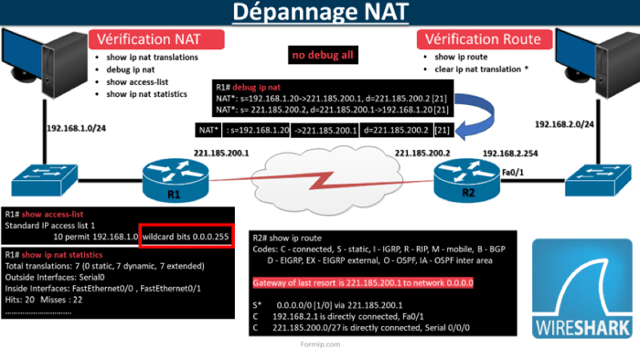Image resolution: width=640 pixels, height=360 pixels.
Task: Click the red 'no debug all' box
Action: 323,56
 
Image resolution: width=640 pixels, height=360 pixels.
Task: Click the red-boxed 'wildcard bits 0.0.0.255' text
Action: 187,236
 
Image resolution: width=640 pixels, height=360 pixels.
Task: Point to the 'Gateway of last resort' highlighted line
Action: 362,283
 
